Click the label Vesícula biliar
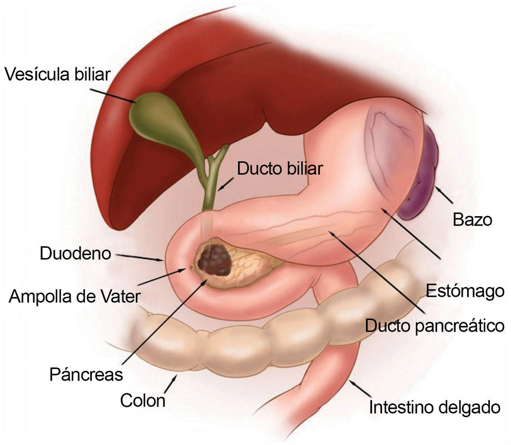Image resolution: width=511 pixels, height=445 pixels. [x=57, y=74]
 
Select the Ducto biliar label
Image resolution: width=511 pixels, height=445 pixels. [x=280, y=168]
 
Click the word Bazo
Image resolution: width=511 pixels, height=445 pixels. [x=472, y=219]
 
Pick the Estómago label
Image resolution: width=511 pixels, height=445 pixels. [x=465, y=291]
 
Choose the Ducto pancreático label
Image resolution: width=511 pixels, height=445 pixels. [x=435, y=326]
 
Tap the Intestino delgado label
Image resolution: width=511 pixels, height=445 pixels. [x=435, y=407]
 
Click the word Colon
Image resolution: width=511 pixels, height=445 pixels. [x=143, y=400]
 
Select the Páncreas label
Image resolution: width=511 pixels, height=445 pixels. [x=86, y=374]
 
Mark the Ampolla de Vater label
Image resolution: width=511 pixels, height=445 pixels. [x=75, y=296]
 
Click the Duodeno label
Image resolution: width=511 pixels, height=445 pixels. [x=75, y=254]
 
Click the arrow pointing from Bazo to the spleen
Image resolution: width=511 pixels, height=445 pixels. [x=444, y=195]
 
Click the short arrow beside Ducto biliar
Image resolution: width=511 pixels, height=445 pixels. [x=226, y=184]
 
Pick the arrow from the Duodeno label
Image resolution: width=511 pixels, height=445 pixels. [x=140, y=257]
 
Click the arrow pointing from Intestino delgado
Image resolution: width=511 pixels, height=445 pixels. [x=360, y=389]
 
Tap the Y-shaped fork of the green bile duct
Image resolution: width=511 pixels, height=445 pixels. [x=213, y=160]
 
